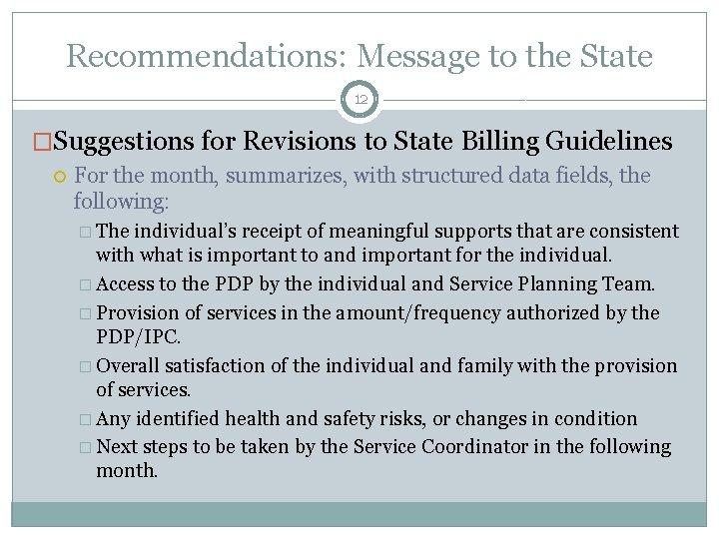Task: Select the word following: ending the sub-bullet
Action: click(x=121, y=201)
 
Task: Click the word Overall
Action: click(x=129, y=365)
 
